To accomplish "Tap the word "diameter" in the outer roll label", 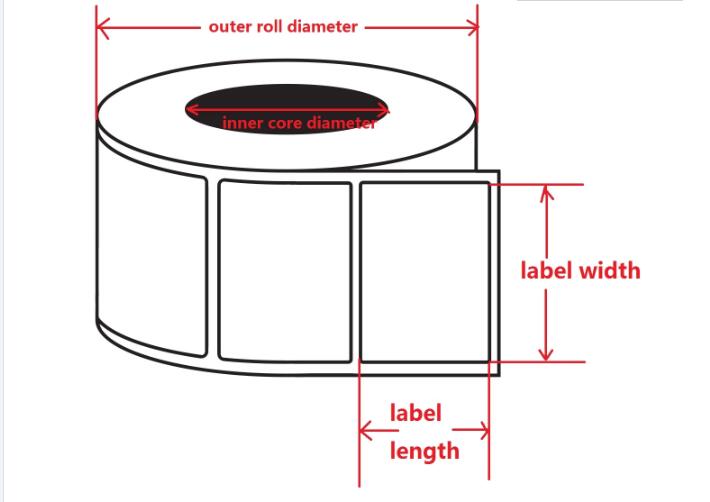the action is coord(322,26).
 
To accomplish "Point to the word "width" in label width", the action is coord(610,271).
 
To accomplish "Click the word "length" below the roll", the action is coord(425,452).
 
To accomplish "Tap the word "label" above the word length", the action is coord(416,413).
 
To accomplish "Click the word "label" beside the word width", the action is coord(548,271).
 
